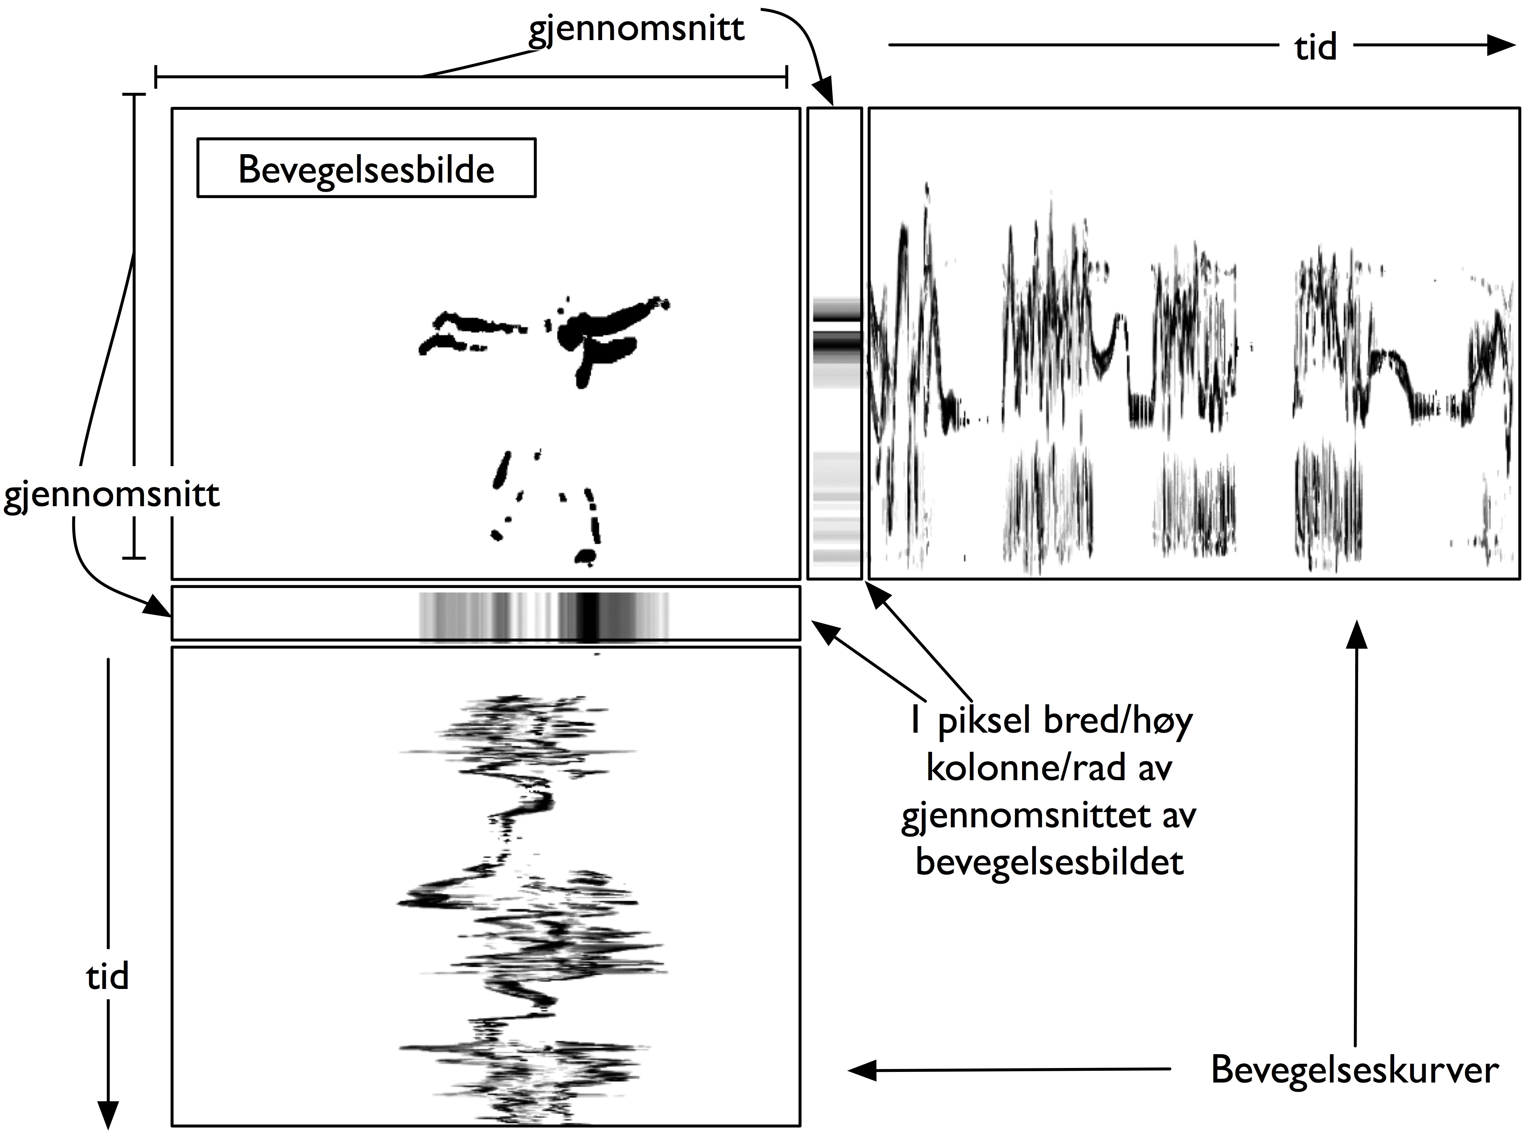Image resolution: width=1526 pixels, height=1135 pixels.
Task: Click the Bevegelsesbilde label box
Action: [x=366, y=168]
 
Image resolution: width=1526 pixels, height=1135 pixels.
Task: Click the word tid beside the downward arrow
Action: [x=108, y=975]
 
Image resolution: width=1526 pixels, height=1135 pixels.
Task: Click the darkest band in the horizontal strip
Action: [x=589, y=613]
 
